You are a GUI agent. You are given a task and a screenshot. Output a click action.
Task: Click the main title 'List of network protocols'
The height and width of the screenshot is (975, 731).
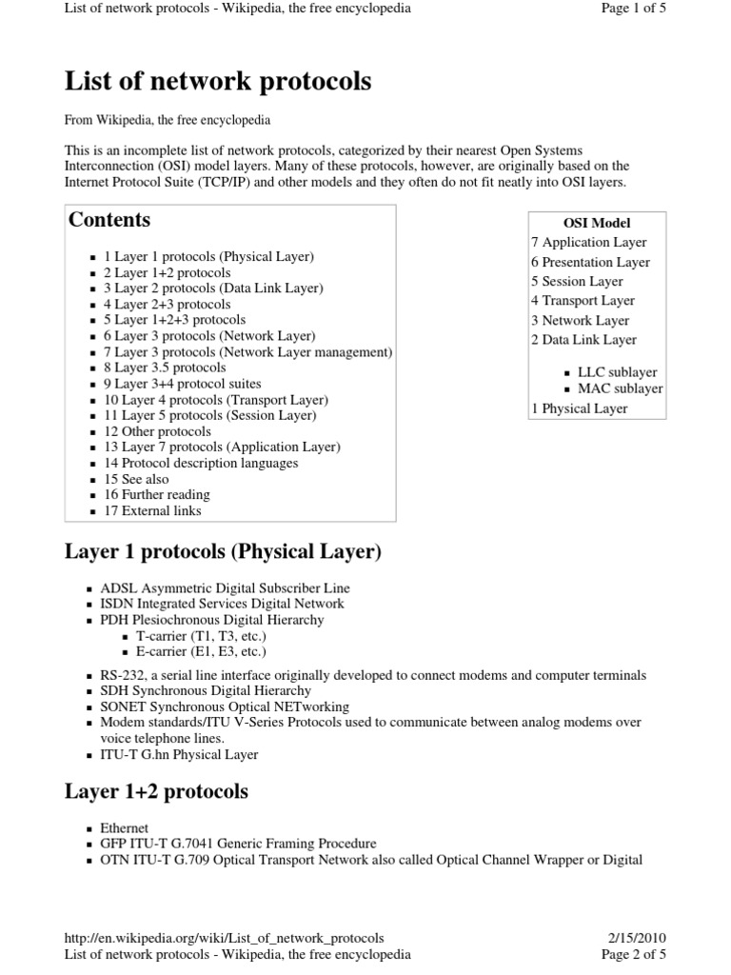pyautogui.click(x=218, y=82)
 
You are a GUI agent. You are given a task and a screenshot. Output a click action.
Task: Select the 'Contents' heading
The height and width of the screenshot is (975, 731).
pyautogui.click(x=109, y=220)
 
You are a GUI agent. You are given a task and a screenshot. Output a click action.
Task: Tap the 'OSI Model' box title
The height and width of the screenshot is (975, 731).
pyautogui.click(x=597, y=223)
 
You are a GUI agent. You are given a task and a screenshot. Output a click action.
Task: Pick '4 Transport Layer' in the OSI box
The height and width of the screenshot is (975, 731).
pyautogui.click(x=583, y=301)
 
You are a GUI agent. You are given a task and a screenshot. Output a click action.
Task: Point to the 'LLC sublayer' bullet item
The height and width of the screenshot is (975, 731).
pyautogui.click(x=617, y=372)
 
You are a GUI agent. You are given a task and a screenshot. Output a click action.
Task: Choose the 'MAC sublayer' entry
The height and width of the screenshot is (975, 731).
pyautogui.click(x=620, y=388)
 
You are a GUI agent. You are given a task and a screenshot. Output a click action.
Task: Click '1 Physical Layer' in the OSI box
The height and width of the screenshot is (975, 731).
pyautogui.click(x=580, y=408)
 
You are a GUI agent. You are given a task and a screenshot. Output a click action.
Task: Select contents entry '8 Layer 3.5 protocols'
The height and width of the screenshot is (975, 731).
pyautogui.click(x=165, y=368)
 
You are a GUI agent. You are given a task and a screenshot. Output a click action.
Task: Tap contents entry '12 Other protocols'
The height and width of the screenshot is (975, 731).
pyautogui.click(x=157, y=431)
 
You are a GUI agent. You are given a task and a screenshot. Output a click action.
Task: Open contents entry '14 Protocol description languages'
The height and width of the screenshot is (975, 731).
pyautogui.click(x=201, y=463)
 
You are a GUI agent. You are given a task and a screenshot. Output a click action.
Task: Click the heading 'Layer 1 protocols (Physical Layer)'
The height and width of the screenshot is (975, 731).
pyautogui.click(x=223, y=552)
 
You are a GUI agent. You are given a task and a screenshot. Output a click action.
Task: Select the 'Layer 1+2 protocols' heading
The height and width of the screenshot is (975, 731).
pyautogui.click(x=156, y=791)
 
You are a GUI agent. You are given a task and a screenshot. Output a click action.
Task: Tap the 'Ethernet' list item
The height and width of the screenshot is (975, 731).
pyautogui.click(x=124, y=828)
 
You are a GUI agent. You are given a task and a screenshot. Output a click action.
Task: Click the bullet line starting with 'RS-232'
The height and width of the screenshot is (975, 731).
pyautogui.click(x=372, y=675)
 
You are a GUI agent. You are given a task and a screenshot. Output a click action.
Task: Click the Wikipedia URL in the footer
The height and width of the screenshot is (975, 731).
pyautogui.click(x=225, y=938)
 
